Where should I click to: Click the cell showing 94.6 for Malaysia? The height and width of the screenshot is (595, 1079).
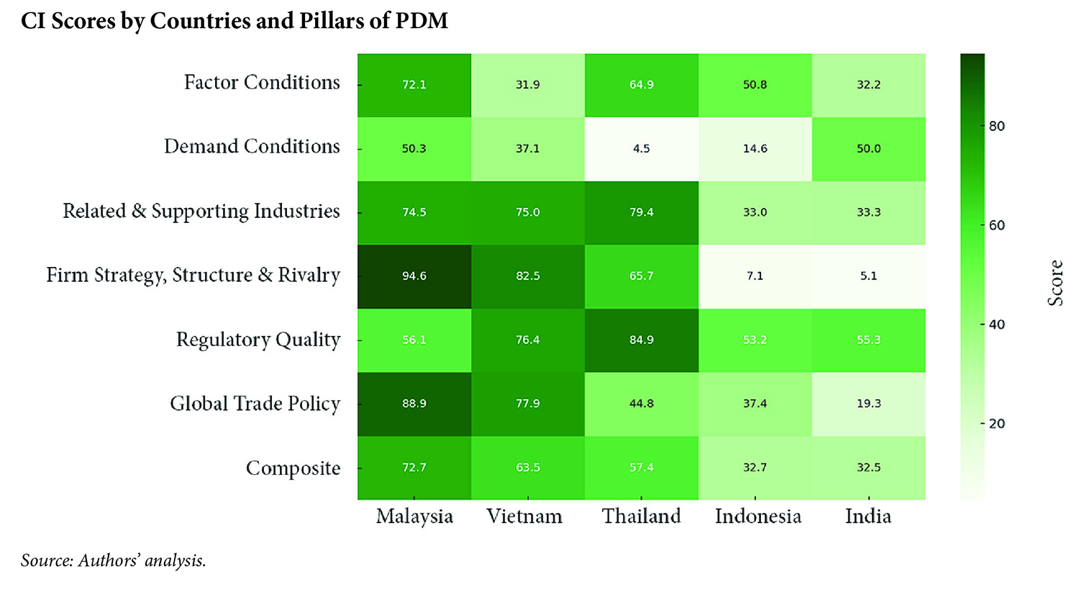point(414,276)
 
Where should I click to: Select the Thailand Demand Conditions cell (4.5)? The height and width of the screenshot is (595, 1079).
point(641,149)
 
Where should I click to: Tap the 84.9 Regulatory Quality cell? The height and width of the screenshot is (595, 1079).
point(641,340)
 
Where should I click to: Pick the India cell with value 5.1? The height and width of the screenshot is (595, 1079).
point(868,276)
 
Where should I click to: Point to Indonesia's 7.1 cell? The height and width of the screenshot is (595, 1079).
point(755,276)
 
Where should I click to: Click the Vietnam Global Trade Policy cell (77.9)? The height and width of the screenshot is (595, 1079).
point(527,404)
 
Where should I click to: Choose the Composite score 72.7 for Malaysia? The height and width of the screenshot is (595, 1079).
point(414,468)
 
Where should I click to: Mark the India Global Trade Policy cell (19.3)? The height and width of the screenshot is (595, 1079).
point(868,404)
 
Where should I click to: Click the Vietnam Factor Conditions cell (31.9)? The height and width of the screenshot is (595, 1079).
point(527,85)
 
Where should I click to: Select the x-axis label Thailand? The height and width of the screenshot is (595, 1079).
point(641,517)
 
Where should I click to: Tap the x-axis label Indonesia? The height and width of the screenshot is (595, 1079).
point(757,517)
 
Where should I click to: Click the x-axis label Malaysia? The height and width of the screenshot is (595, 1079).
point(414,517)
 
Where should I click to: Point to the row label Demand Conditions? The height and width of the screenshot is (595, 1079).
point(252,147)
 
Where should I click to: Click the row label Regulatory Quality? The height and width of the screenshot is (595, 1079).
point(258,340)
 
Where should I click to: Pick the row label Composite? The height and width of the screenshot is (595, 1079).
point(293,468)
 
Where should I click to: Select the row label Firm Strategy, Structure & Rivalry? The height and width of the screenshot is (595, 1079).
point(193,276)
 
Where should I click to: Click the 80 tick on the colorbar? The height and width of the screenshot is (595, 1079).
point(997,127)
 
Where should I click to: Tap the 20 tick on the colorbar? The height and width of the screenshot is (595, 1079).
point(997,424)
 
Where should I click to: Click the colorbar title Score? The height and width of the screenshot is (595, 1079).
point(1055,283)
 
